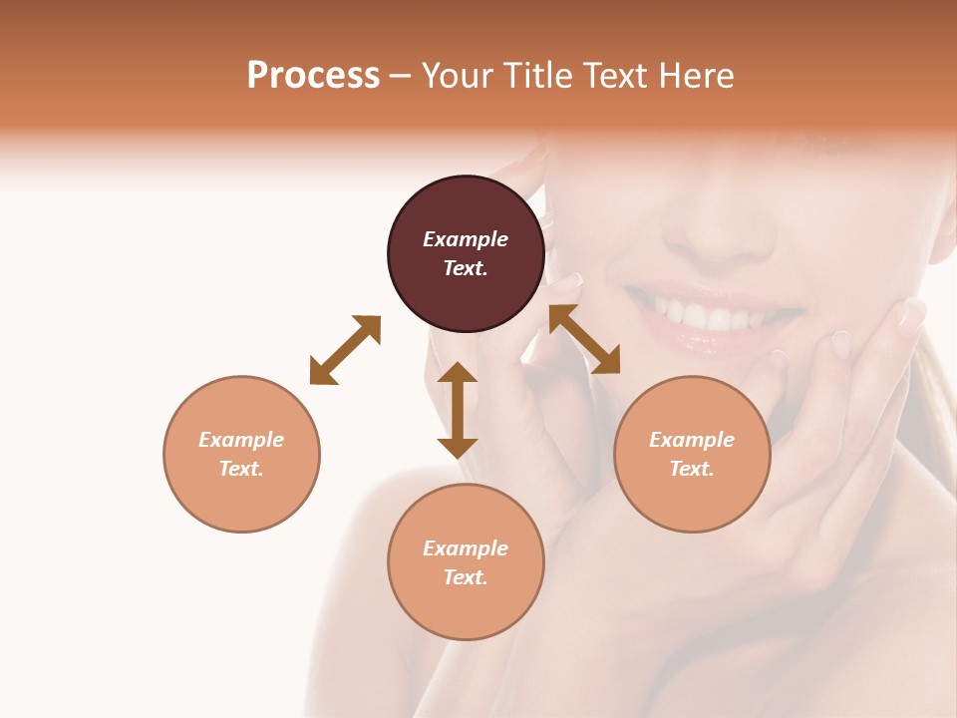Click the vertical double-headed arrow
pyautogui.click(x=458, y=410)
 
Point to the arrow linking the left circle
pyautogui.click(x=345, y=350)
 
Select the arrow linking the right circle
pyautogui.click(x=585, y=339)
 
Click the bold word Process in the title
pyautogui.click(x=313, y=76)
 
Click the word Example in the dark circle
pyautogui.click(x=466, y=239)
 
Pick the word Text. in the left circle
pyautogui.click(x=241, y=469)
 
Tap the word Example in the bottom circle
pyautogui.click(x=466, y=548)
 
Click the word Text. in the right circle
pyautogui.click(x=692, y=469)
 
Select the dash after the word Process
pyautogui.click(x=401, y=76)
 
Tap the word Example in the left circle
pyautogui.click(x=241, y=440)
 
